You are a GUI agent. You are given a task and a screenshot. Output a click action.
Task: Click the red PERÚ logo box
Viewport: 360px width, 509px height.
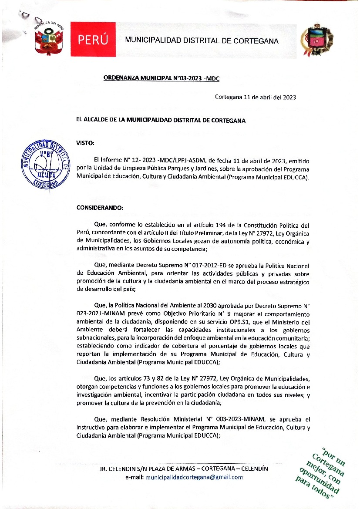tap(93, 40)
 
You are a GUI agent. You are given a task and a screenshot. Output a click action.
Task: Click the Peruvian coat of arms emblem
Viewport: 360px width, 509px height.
tap(49, 40)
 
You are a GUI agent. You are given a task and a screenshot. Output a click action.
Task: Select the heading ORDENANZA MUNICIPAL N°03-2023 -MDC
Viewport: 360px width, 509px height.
tap(161, 78)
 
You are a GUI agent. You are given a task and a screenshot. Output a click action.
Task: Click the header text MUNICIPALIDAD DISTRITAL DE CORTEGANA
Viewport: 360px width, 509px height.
tap(202, 40)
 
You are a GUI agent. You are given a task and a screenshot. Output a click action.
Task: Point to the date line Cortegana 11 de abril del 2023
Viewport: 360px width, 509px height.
tap(256, 97)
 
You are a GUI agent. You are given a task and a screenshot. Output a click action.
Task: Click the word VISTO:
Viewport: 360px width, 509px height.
tap(85, 143)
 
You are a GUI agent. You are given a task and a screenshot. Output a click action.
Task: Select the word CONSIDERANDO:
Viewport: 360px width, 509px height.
tap(100, 208)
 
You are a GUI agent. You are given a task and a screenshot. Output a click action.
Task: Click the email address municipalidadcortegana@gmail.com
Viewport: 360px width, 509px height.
tap(194, 477)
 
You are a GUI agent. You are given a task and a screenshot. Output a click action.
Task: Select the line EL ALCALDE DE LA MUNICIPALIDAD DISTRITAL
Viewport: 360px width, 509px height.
tap(161, 120)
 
